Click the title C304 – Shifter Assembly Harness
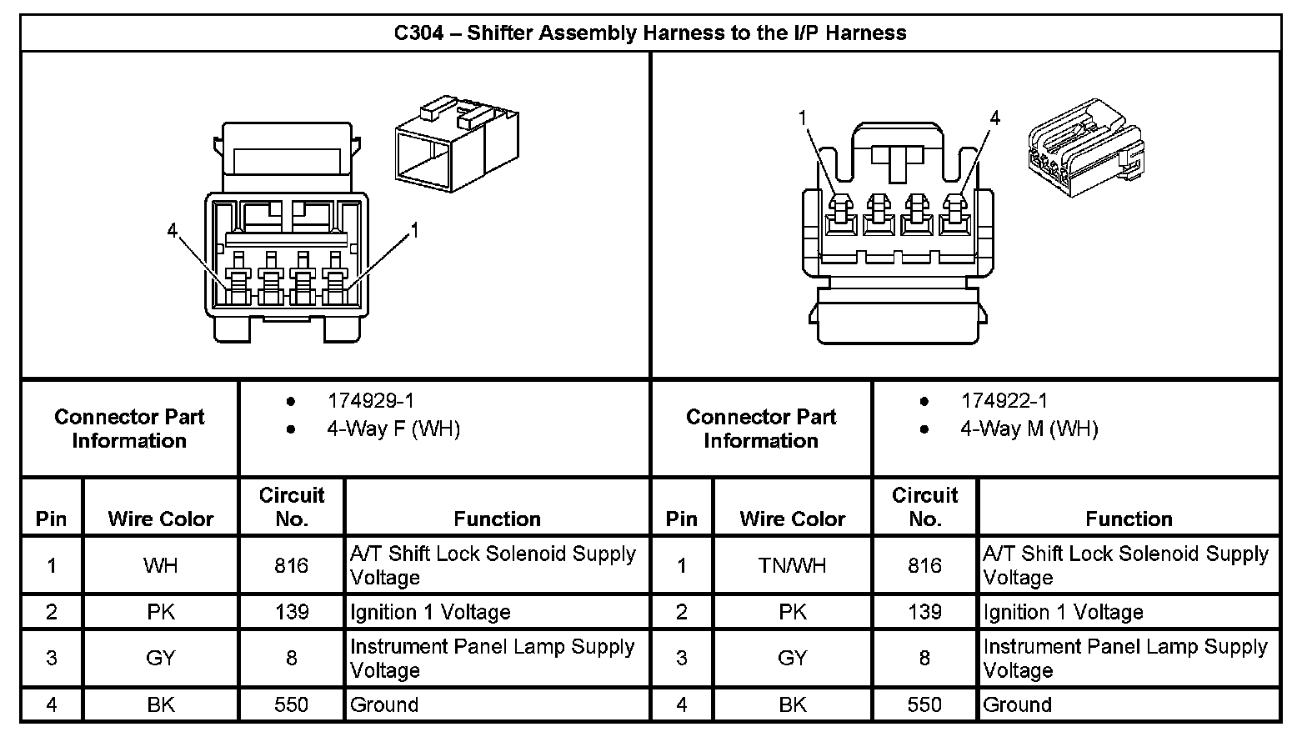tap(649, 33)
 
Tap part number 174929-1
tap(370, 401)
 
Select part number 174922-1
tap(1004, 401)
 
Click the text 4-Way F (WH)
tap(393, 429)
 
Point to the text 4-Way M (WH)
tap(1029, 429)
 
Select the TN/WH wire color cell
tap(792, 565)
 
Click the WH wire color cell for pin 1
tap(160, 565)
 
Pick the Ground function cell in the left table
tap(383, 704)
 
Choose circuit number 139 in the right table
tap(924, 612)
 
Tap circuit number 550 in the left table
tap(291, 704)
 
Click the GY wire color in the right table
tap(792, 658)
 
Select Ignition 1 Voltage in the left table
tap(429, 612)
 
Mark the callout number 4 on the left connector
tap(172, 230)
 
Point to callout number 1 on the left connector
tap(413, 230)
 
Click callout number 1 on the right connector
tap(803, 118)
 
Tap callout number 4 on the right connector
tap(994, 118)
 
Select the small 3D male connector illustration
tap(1084, 148)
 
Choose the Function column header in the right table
tap(1128, 519)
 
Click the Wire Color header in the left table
tap(160, 519)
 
